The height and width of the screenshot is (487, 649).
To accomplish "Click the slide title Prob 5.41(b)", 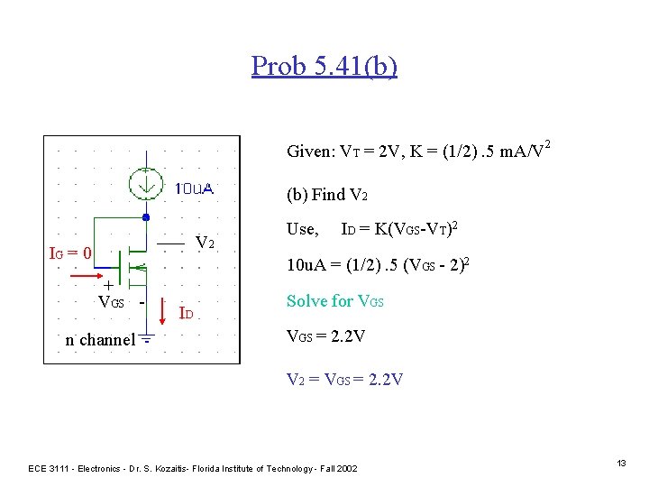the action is (x=324, y=66).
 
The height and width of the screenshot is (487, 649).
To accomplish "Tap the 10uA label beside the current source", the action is (x=193, y=188).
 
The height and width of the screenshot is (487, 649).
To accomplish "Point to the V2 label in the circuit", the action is (x=205, y=242).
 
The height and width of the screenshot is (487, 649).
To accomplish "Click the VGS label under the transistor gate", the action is (x=111, y=301).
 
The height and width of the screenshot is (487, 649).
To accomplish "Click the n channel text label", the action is (x=99, y=340).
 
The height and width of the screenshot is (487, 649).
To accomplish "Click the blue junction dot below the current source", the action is (x=144, y=217).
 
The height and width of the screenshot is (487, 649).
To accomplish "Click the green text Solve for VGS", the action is (x=334, y=301).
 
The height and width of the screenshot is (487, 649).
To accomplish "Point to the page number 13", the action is (x=621, y=463).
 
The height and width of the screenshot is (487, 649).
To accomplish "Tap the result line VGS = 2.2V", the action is (x=327, y=337).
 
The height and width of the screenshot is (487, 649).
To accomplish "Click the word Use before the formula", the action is (x=301, y=229).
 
